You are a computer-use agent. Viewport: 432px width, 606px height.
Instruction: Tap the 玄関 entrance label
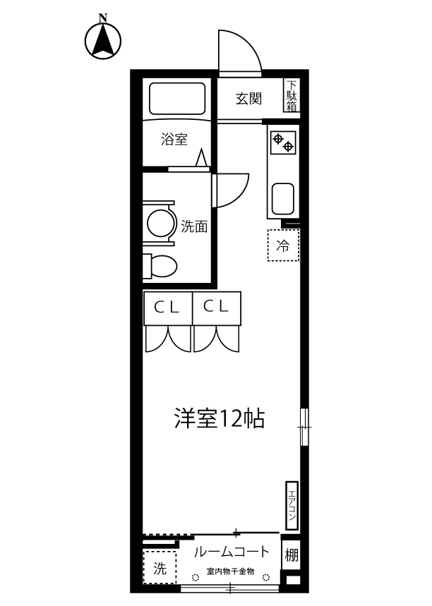(x=248, y=98)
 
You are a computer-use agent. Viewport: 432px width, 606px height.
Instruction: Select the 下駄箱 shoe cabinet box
(x=292, y=96)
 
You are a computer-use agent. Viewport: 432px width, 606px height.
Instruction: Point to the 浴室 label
(x=174, y=139)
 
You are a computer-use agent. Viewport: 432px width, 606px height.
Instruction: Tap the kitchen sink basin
(x=282, y=200)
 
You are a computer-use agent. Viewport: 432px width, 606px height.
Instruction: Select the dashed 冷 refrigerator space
(x=282, y=246)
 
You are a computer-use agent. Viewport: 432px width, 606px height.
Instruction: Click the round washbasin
(x=160, y=224)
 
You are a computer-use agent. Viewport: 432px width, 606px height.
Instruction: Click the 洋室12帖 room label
(x=220, y=419)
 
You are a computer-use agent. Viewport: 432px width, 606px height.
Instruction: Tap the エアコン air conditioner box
(x=292, y=504)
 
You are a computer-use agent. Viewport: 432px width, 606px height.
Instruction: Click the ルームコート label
(x=231, y=552)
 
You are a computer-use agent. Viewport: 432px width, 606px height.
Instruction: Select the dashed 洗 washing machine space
(x=160, y=567)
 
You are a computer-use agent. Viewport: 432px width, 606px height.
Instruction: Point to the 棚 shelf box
(x=292, y=555)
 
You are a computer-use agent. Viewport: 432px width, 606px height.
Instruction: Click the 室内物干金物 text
(x=230, y=571)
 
